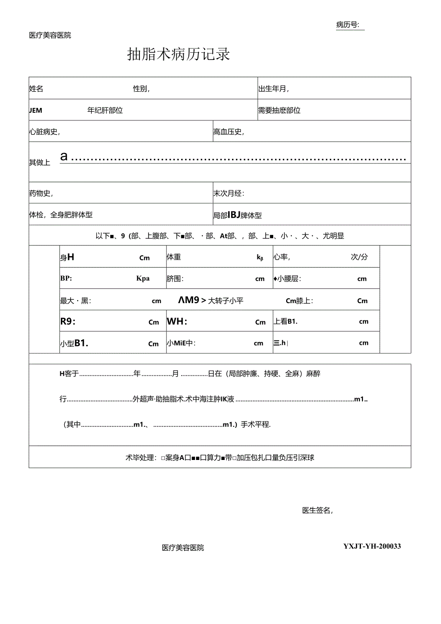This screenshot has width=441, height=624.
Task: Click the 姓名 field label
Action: (36, 89)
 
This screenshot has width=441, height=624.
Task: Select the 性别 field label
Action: (141, 89)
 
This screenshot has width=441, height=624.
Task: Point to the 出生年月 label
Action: (273, 89)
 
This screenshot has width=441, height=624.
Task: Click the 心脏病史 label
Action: (44, 132)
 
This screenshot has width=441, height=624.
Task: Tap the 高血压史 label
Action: (228, 132)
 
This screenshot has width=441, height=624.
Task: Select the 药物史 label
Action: (40, 193)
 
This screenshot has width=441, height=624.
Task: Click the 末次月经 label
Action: (229, 193)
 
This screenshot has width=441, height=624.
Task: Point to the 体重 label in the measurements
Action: (174, 257)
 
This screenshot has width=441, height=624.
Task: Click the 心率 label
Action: (281, 257)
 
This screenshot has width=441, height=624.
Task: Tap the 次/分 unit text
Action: (359, 257)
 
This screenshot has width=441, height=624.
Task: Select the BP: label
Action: (66, 278)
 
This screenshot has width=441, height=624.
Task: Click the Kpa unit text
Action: (143, 278)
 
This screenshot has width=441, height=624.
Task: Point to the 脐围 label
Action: (175, 279)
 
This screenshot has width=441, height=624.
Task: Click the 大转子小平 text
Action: (226, 301)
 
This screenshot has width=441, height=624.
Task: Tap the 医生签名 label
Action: (317, 510)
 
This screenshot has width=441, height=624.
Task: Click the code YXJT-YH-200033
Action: (372, 546)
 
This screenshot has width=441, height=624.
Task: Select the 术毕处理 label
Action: (140, 458)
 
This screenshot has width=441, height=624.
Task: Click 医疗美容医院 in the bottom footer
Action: (183, 547)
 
